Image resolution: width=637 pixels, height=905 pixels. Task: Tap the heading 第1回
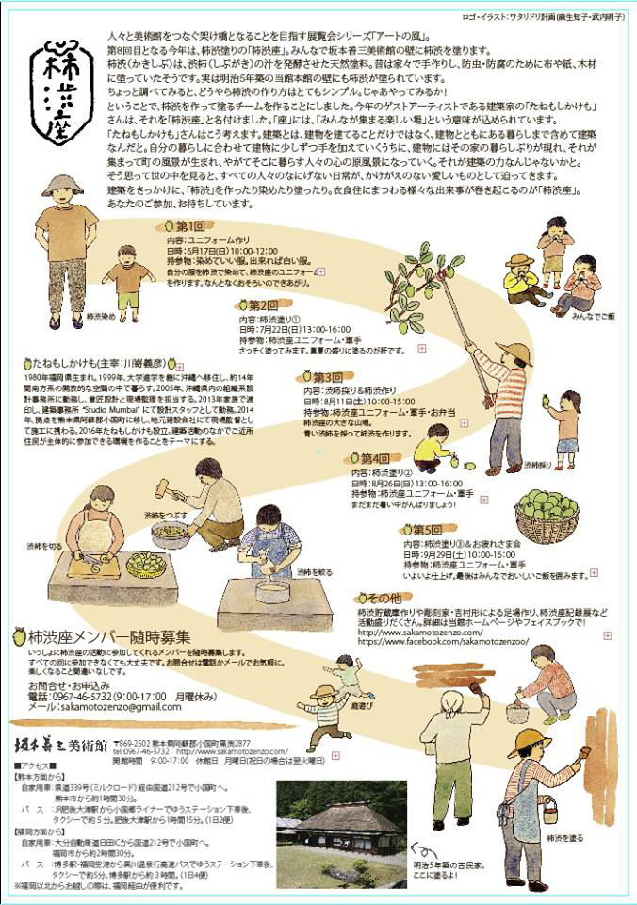point(188,227)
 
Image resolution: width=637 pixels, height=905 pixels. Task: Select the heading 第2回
point(258,305)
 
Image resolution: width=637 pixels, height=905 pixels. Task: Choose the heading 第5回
point(421,529)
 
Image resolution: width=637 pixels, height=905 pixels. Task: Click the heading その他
point(384,598)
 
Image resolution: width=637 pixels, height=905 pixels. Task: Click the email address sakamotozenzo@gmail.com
point(104,706)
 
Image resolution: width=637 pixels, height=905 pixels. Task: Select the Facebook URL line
point(443,641)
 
